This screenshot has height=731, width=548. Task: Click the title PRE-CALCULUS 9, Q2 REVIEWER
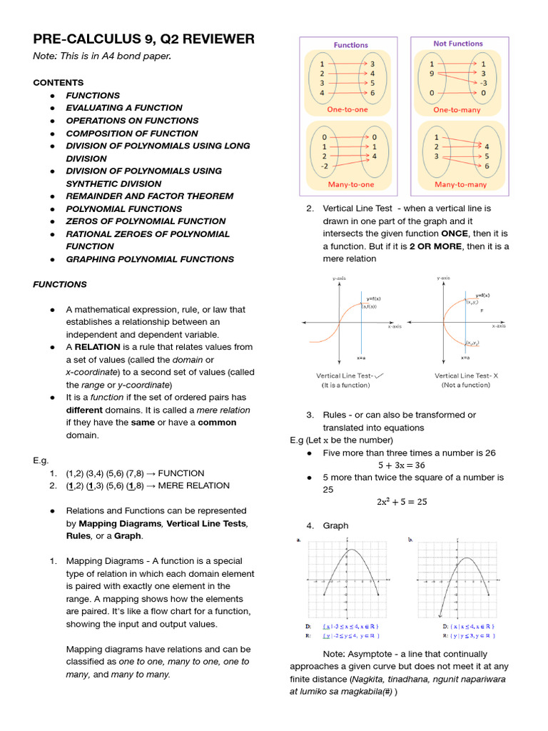click(143, 39)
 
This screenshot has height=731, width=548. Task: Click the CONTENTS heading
click(59, 82)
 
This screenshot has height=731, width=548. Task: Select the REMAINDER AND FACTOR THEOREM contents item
click(149, 196)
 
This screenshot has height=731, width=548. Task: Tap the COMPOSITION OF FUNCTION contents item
click(132, 133)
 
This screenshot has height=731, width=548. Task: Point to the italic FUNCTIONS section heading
click(60, 284)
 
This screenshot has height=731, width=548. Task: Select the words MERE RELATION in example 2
click(193, 485)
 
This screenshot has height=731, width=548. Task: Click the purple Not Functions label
click(457, 44)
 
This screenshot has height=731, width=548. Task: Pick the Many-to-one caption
click(351, 184)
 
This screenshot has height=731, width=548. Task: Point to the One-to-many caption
click(457, 110)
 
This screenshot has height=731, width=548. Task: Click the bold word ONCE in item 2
click(455, 233)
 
